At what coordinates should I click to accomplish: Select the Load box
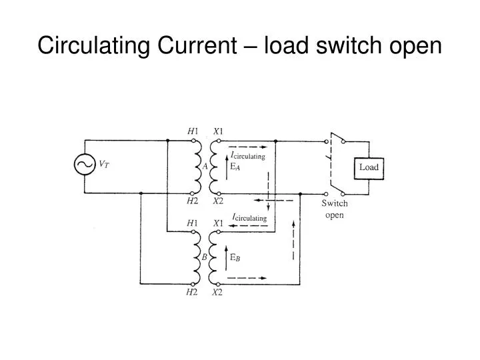[x=369, y=167]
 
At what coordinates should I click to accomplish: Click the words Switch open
[x=335, y=209]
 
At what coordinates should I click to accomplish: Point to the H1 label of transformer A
[x=193, y=131]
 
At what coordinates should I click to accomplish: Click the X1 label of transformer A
[x=218, y=131]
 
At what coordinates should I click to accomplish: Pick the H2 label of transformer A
[x=193, y=201]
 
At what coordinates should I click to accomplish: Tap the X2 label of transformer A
[x=218, y=201]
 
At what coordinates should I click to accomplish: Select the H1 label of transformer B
[x=193, y=223]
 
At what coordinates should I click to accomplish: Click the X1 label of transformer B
[x=218, y=223]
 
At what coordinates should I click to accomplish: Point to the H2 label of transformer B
[x=193, y=293]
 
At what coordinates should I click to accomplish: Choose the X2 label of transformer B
[x=218, y=293]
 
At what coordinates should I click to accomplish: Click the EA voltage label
[x=235, y=167]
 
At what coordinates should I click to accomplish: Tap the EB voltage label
[x=235, y=257]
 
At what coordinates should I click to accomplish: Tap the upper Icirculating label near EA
[x=248, y=156]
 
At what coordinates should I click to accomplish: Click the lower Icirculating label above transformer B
[x=249, y=217]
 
